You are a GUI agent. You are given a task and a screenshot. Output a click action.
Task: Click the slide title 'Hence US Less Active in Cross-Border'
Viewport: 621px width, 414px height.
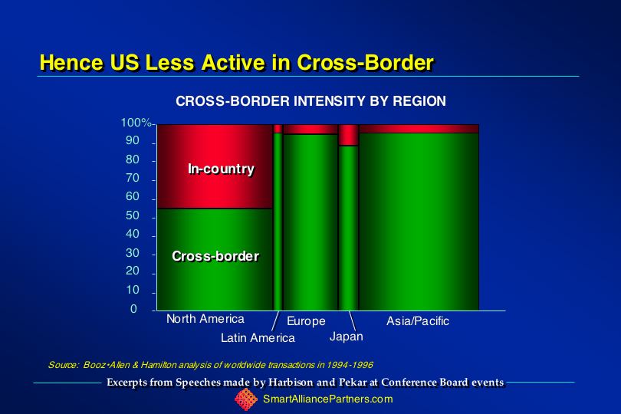point(237,63)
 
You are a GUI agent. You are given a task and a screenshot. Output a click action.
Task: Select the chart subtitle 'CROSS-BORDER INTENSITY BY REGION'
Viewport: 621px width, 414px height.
point(310,101)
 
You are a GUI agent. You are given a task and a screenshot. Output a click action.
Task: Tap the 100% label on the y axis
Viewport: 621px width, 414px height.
point(136,123)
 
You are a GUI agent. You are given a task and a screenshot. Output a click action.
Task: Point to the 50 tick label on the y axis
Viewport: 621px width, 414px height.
point(133,215)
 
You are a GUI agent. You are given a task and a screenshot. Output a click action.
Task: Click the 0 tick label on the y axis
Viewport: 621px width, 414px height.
point(133,309)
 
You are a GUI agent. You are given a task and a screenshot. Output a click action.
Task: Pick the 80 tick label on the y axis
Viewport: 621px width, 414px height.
point(133,159)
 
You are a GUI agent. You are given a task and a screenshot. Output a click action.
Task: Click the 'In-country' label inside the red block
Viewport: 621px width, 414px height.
point(221,169)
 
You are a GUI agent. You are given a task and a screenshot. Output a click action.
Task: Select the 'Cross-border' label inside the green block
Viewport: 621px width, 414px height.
point(215,256)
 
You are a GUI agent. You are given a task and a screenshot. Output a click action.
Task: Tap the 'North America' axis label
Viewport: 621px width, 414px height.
point(205,319)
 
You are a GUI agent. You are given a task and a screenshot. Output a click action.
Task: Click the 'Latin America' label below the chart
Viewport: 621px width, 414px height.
point(258,338)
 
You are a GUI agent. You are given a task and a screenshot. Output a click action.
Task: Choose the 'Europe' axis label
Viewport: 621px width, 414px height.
point(306,321)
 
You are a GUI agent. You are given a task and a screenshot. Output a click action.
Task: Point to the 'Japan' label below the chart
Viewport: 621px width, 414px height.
point(346,337)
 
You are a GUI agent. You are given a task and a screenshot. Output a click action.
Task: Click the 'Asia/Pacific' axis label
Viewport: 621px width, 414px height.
point(418,321)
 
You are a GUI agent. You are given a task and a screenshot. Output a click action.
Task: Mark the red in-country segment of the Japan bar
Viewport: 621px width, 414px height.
point(349,135)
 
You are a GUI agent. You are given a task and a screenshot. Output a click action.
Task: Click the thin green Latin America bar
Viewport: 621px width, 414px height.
point(278,222)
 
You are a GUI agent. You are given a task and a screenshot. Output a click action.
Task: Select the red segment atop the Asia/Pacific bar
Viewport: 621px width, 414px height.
point(419,129)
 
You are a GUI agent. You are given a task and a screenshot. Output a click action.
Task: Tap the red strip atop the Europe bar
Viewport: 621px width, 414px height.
point(310,129)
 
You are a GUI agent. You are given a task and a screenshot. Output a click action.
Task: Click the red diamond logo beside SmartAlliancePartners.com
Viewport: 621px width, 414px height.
point(246,399)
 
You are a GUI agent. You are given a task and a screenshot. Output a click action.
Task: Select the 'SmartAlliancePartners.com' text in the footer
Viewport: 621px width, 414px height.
point(328,399)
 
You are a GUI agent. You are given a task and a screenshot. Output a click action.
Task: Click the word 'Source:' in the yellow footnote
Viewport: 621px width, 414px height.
point(64,365)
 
